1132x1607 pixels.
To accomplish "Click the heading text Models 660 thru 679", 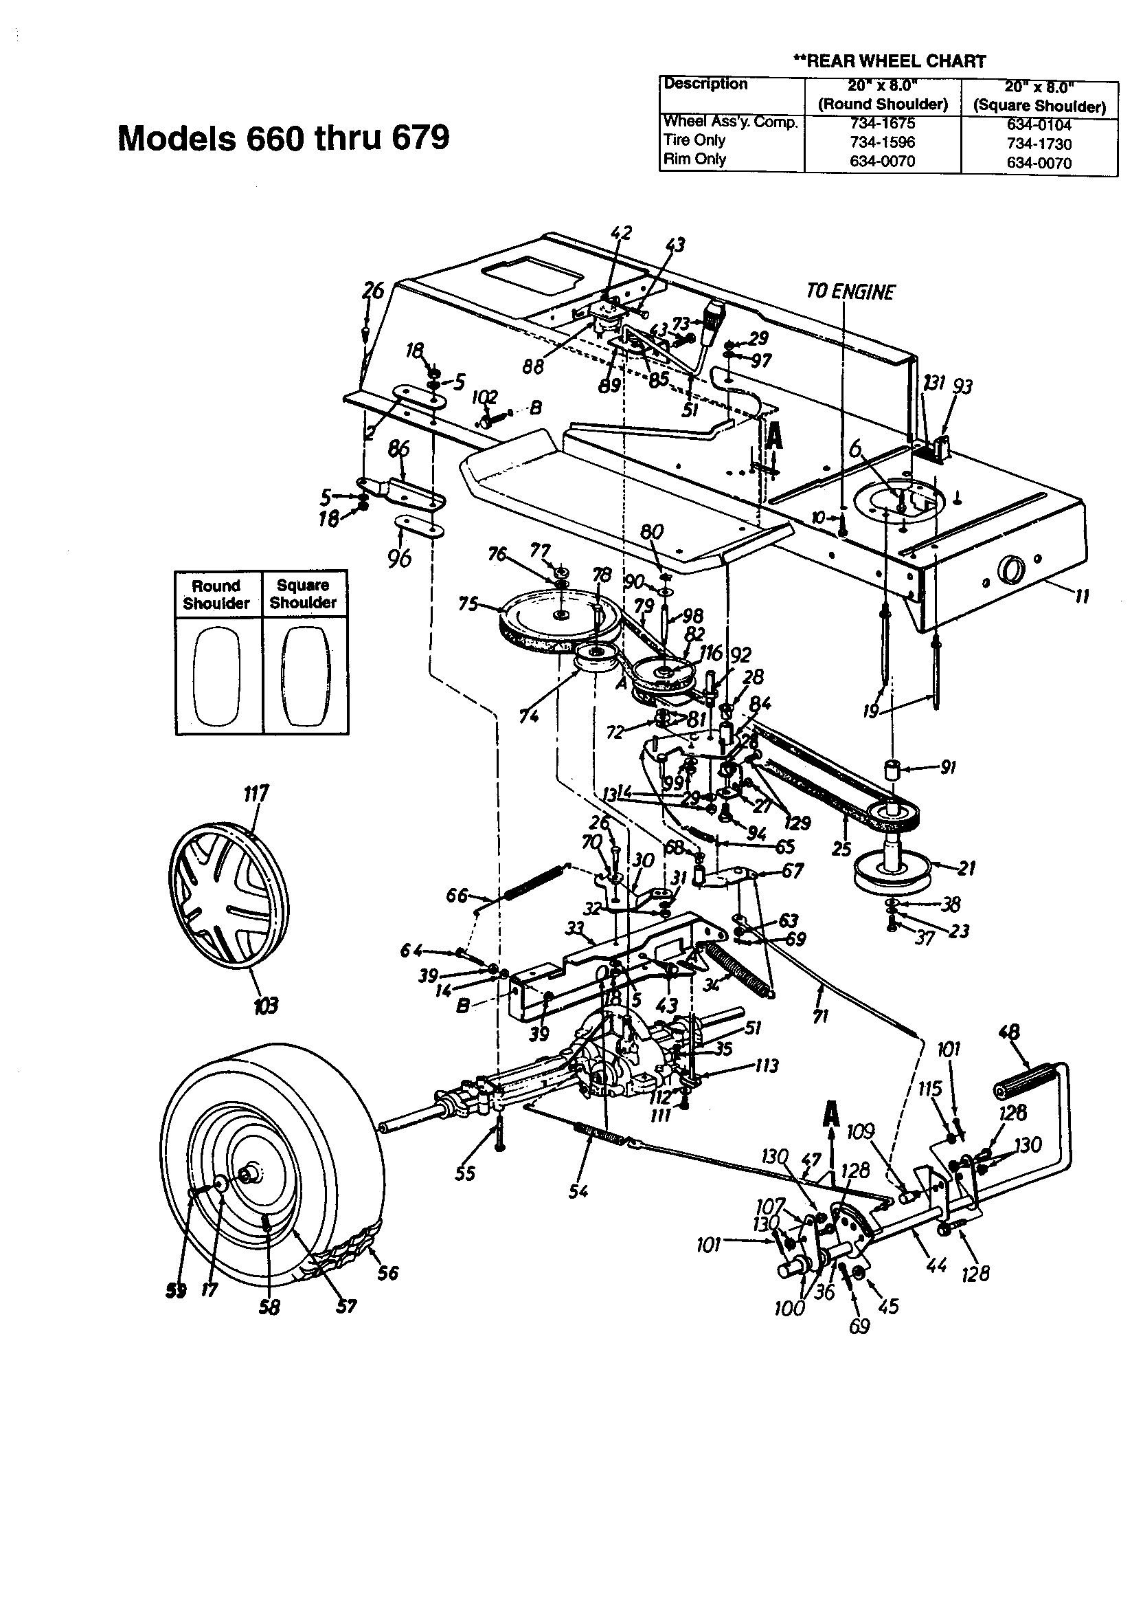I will pyautogui.click(x=284, y=138).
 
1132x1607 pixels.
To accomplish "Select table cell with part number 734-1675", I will pyautogui.click(x=882, y=123).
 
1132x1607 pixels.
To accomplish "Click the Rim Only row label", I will pyautogui.click(x=694, y=159).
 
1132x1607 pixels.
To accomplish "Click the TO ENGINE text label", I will pyautogui.click(x=850, y=292).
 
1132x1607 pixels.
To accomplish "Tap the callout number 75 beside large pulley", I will pyautogui.click(x=468, y=603).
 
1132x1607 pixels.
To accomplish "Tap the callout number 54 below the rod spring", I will pyautogui.click(x=578, y=1191).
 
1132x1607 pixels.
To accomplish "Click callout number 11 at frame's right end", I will pyautogui.click(x=1082, y=597).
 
